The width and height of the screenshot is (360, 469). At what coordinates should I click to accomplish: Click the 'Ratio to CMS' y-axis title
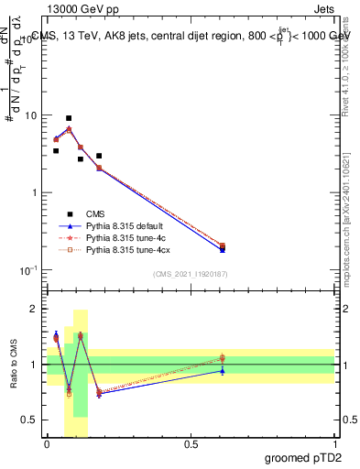(x=15, y=365)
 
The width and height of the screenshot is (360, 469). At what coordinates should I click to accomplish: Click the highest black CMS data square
(x=69, y=118)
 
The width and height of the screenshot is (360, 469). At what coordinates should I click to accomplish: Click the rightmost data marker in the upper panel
(x=223, y=246)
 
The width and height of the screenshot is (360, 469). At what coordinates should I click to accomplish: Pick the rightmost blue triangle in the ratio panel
(x=223, y=371)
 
